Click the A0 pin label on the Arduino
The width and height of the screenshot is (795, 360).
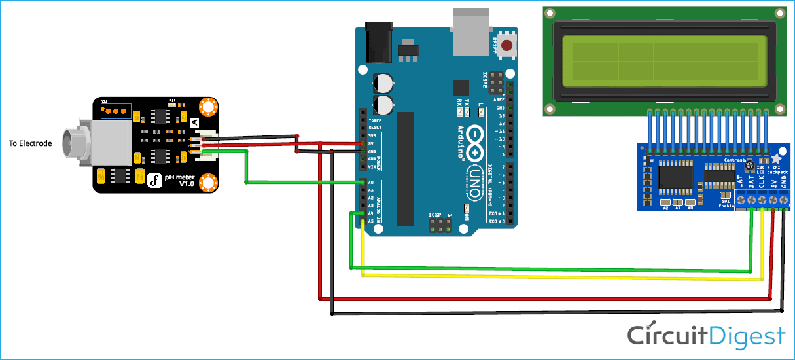(x=370, y=183)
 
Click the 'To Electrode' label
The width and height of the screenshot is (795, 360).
(x=30, y=143)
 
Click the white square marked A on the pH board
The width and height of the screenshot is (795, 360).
(x=194, y=122)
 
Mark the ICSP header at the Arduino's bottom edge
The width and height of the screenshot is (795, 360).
(x=440, y=225)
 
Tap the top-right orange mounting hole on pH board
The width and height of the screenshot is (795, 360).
(x=208, y=106)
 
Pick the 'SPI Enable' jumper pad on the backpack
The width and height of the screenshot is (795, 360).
(x=724, y=195)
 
